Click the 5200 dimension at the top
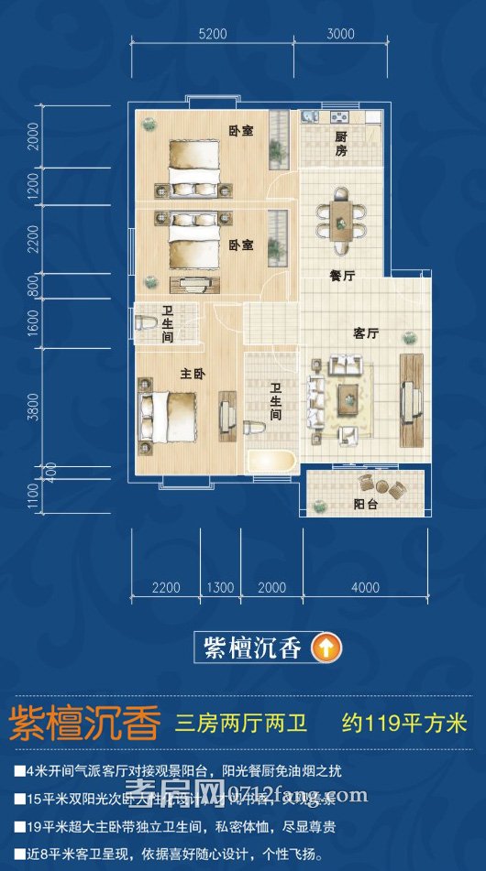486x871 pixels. click(x=212, y=34)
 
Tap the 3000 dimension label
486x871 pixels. click(x=339, y=34)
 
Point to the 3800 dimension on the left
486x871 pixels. click(x=34, y=406)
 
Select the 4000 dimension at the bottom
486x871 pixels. click(x=365, y=587)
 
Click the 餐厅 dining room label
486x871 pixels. click(x=342, y=275)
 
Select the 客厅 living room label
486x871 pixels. click(x=366, y=334)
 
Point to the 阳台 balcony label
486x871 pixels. click(x=367, y=504)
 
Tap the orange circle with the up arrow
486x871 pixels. click(x=323, y=648)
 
